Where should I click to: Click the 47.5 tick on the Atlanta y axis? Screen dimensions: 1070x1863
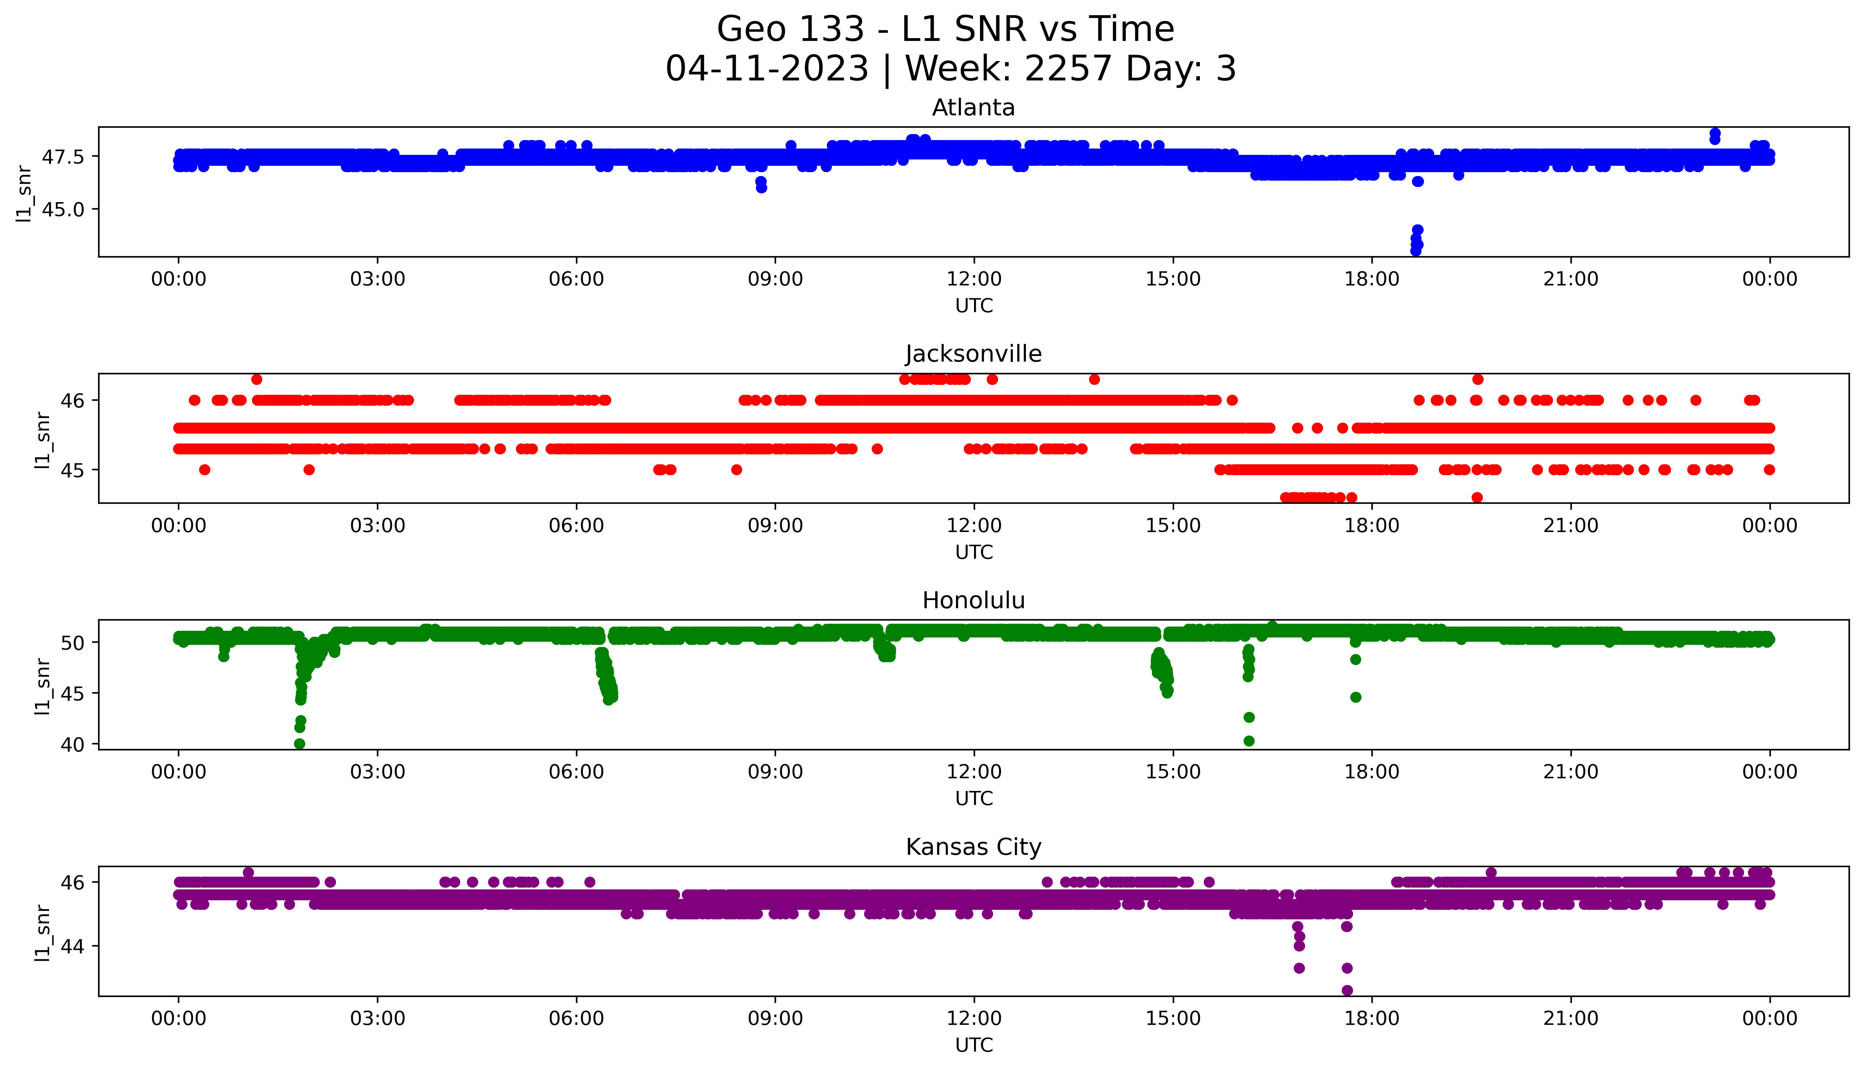coord(62,157)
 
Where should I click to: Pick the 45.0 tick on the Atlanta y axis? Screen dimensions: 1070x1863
coord(62,210)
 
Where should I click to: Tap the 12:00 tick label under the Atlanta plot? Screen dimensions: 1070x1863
coord(974,279)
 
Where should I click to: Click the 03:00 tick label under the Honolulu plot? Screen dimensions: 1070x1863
coord(378,772)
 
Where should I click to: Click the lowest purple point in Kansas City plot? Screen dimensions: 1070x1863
coord(1347,990)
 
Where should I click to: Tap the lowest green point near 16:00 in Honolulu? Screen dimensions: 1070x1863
coord(1249,741)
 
